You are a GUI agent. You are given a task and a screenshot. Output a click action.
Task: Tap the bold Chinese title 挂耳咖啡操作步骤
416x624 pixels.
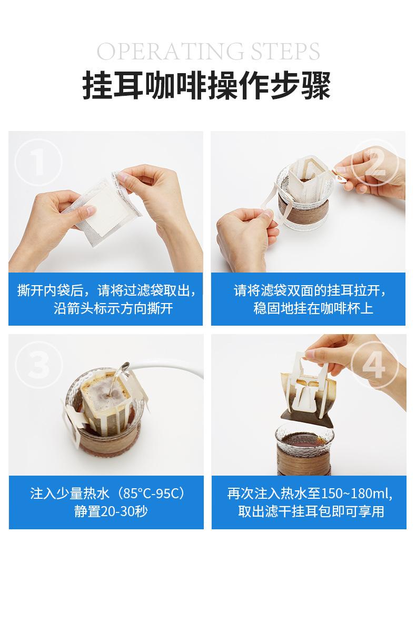[x=207, y=86]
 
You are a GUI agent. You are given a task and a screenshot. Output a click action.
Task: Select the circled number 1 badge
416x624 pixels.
[x=38, y=163]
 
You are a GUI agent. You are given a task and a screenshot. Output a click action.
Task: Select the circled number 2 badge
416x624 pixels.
[x=375, y=163]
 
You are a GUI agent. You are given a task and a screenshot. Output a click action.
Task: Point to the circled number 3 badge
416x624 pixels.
[x=38, y=365]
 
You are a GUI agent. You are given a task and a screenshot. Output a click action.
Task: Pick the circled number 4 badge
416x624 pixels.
[x=374, y=365]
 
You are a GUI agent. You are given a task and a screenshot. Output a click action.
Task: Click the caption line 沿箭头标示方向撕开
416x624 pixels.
[x=113, y=308]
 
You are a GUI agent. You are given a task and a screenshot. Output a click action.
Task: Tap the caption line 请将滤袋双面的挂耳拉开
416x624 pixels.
[x=310, y=290]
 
